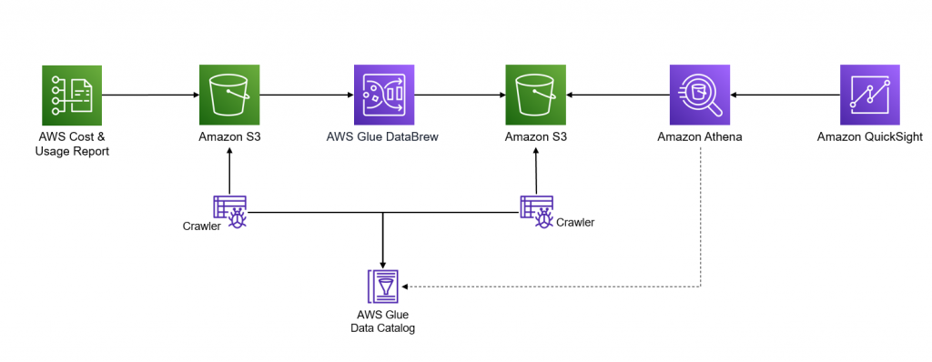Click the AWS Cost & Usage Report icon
pyautogui.click(x=73, y=95)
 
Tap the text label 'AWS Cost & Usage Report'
pyautogui.click(x=73, y=145)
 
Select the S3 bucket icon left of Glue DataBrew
pyautogui.click(x=229, y=95)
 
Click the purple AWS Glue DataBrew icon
pyautogui.click(x=383, y=95)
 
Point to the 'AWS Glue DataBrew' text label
pyautogui.click(x=383, y=138)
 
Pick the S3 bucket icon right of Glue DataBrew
pyautogui.click(x=537, y=95)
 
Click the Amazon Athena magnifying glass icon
pyautogui.click(x=700, y=95)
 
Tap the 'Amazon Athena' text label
pyautogui.click(x=700, y=138)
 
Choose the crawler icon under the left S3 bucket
pyautogui.click(x=229, y=211)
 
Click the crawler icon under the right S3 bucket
pyautogui.click(x=537, y=211)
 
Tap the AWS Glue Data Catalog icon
pyautogui.click(x=383, y=286)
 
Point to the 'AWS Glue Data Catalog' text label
pyautogui.click(x=383, y=321)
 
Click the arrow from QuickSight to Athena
pyautogui.click(x=785, y=95)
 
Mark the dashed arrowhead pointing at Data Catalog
pyautogui.click(x=408, y=287)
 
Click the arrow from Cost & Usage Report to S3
pyautogui.click(x=150, y=95)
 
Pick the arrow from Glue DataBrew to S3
pyautogui.click(x=460, y=95)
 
